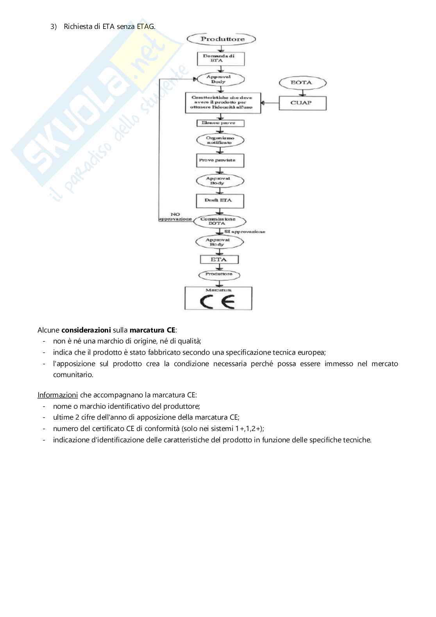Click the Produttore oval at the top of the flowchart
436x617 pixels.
(222, 39)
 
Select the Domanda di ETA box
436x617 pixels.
(221, 59)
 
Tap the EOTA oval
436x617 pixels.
(302, 82)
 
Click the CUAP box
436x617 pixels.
(302, 103)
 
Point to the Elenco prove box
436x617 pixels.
(221, 123)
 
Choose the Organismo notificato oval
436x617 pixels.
(220, 140)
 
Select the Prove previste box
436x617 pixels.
(220, 160)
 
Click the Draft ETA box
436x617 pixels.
(220, 200)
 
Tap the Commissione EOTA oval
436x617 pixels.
(220, 221)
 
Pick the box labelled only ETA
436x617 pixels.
(219, 259)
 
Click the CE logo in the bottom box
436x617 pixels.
(217, 301)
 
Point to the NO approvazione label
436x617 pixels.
(175, 217)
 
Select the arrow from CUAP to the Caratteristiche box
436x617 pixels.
(270, 103)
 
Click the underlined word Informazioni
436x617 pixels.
(57, 395)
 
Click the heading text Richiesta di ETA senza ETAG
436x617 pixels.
(109, 27)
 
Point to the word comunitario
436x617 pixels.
(73, 375)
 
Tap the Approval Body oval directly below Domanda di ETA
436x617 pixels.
(220, 79)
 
